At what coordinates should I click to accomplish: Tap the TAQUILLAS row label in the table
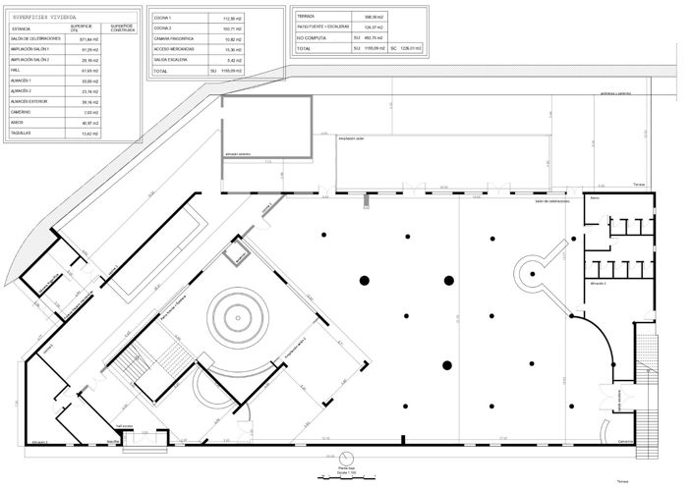pos(22,134)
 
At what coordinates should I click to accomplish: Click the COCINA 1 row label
pos(163,19)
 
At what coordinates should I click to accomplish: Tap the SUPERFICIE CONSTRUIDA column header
pos(122,27)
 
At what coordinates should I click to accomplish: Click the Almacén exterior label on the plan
pos(239,154)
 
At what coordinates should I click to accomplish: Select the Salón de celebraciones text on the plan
pos(552,201)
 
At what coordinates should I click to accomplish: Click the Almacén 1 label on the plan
pos(599,283)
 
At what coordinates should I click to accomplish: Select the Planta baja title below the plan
pos(345,468)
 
